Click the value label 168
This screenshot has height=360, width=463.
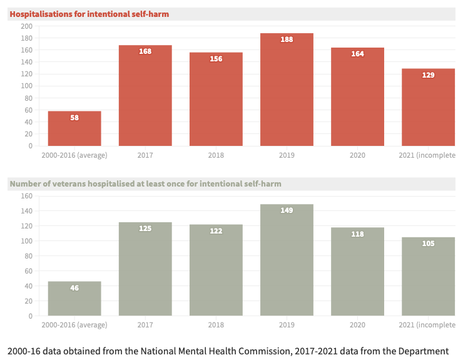[145, 51]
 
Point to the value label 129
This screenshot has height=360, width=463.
[428, 75]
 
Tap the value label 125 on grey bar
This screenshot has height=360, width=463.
[145, 229]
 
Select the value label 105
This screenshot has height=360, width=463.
[428, 244]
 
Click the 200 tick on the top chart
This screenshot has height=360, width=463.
[26, 26]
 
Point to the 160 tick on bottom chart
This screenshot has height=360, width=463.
[26, 196]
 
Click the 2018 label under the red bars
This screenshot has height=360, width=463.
[216, 155]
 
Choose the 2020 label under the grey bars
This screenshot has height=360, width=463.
[357, 325]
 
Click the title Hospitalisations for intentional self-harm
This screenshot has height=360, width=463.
[89, 14]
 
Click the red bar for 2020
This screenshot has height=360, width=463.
[357, 100]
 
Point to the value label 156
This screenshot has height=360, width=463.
[216, 58]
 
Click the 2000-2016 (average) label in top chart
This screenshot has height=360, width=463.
[74, 155]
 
